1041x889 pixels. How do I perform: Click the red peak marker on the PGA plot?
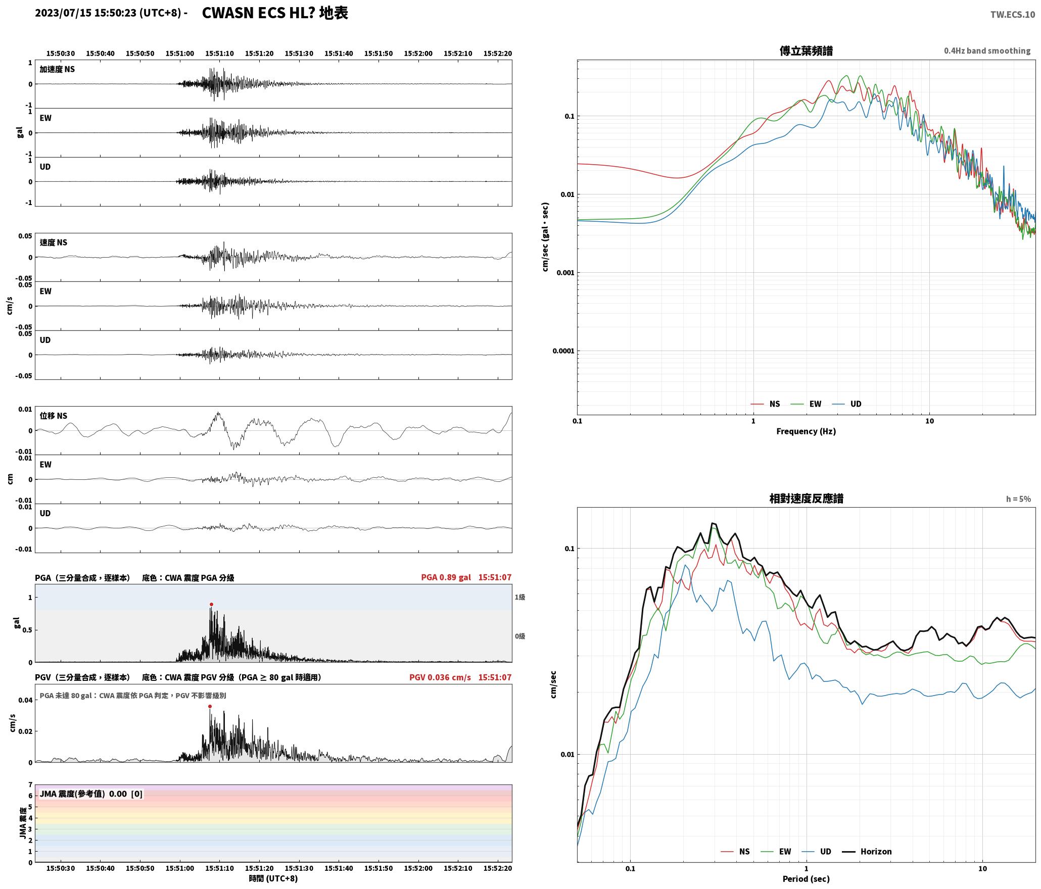tap(211, 604)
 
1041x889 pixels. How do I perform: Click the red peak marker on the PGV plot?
tap(210, 706)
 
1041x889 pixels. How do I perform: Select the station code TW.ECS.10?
tap(1012, 15)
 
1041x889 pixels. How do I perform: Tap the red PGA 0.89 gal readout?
tap(446, 577)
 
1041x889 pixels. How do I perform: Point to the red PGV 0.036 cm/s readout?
tap(440, 677)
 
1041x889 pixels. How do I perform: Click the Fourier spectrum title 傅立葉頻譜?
tap(806, 51)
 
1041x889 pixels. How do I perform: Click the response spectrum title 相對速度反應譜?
tap(806, 498)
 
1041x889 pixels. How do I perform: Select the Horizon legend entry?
tap(866, 851)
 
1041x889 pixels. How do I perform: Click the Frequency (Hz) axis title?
tap(806, 431)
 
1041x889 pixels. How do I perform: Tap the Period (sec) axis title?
tap(806, 878)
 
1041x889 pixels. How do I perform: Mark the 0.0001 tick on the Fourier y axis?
tap(563, 351)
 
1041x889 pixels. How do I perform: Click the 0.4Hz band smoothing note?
tap(987, 51)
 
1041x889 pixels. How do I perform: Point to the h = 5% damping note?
tap(1018, 499)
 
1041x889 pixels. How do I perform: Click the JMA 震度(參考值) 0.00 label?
tap(83, 794)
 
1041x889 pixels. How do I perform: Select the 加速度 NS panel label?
tap(57, 69)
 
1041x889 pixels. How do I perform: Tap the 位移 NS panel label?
tap(54, 416)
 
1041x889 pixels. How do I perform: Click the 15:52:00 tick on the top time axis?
tap(418, 53)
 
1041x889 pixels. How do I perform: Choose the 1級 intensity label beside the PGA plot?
tap(520, 597)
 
